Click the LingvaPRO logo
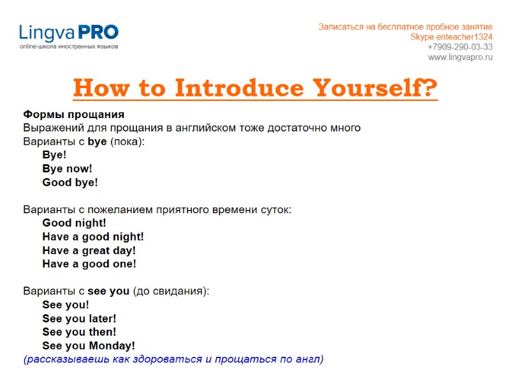[x=68, y=33]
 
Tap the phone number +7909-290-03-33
[x=460, y=47]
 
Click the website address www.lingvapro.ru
[x=460, y=57]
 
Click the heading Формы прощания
[x=73, y=114]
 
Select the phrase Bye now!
[x=67, y=169]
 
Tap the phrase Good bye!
[x=70, y=182]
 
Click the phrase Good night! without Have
[x=74, y=223]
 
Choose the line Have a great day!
[x=89, y=250]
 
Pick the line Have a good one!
[x=89, y=264]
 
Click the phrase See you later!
[x=79, y=319]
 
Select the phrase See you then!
[x=79, y=332]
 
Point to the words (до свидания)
[x=170, y=291]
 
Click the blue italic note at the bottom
[x=173, y=359]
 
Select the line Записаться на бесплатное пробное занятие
[x=405, y=27]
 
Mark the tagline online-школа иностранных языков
[x=68, y=47]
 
